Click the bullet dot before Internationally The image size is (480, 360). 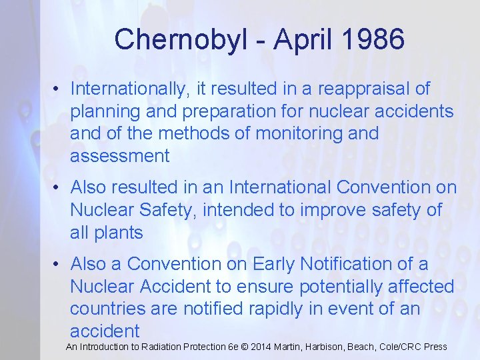[59, 89]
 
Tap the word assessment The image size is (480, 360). [120, 156]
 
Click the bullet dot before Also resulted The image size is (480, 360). [59, 188]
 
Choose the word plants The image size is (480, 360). [118, 233]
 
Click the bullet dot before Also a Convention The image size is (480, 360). [59, 265]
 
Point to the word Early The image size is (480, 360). [274, 264]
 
